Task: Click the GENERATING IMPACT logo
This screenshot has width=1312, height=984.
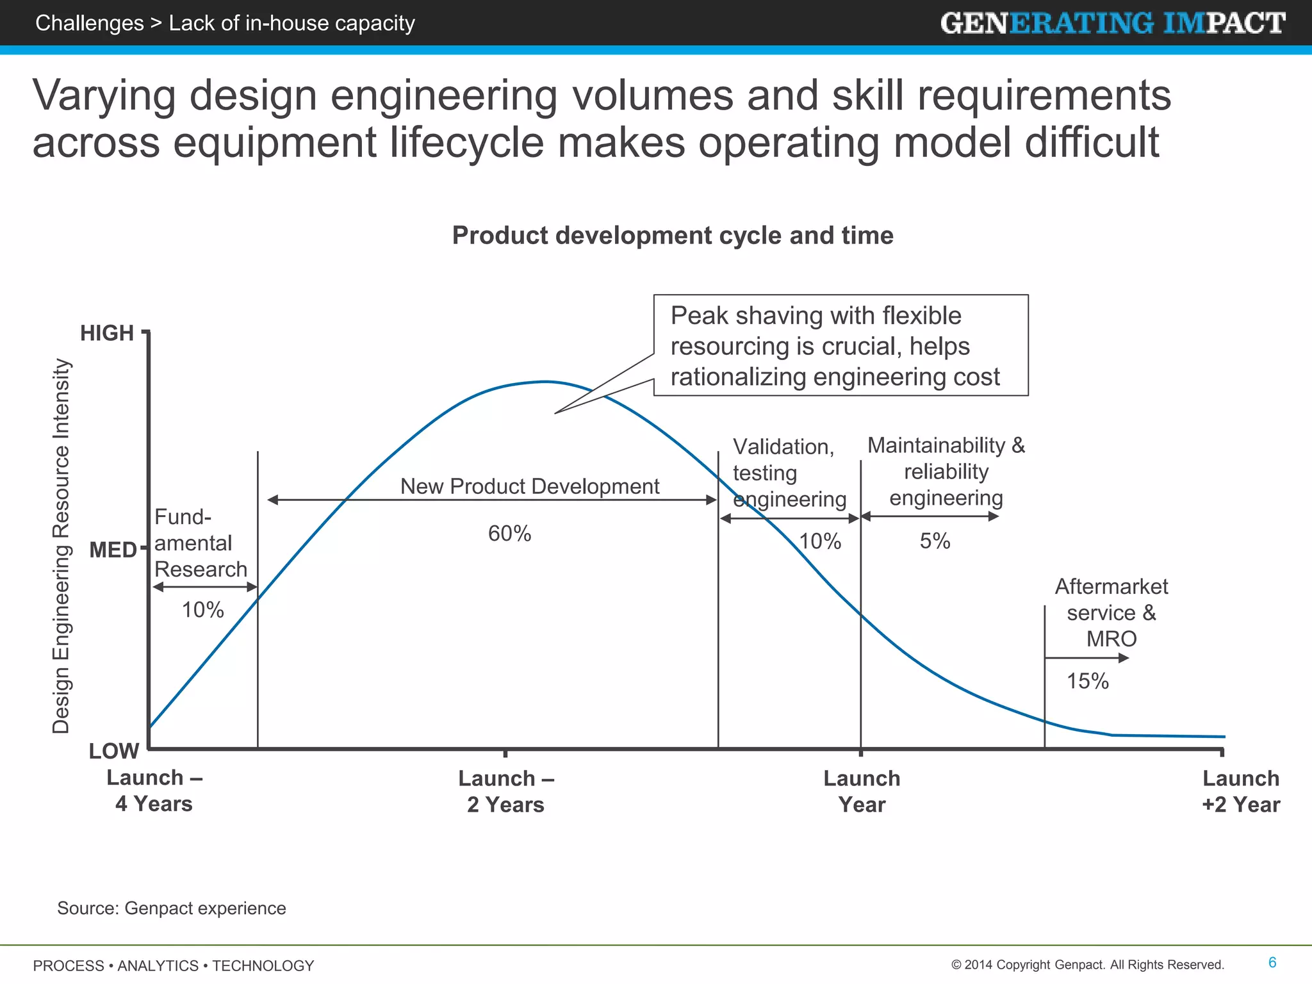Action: [1113, 23]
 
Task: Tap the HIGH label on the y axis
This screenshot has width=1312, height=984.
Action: [107, 333]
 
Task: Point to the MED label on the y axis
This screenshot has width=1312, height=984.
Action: [113, 550]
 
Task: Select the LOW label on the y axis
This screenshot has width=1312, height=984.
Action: [113, 751]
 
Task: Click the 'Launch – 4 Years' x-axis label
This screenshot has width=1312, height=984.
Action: [154, 791]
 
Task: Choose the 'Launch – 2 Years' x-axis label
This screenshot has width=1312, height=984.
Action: [505, 791]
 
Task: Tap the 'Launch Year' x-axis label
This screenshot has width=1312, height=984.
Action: [862, 791]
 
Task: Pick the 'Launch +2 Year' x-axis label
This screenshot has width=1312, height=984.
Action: [1241, 791]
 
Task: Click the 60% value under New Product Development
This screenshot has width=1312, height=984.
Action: [509, 534]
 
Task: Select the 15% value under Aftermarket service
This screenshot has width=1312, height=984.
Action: [1087, 681]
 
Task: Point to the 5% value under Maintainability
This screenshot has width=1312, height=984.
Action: [935, 541]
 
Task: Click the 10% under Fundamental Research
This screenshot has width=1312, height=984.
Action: [202, 610]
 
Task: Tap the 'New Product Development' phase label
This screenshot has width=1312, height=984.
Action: [530, 486]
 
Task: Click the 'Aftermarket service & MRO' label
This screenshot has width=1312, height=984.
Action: [1111, 612]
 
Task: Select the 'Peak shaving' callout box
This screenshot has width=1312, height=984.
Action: [840, 346]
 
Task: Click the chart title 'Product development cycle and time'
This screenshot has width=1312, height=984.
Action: [673, 236]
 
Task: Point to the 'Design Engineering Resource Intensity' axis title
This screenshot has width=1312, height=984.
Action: [61, 546]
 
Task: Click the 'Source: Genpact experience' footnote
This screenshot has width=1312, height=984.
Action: [172, 908]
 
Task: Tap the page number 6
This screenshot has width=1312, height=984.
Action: [1272, 962]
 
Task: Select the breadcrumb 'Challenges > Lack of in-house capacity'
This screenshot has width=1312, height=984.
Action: [225, 23]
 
